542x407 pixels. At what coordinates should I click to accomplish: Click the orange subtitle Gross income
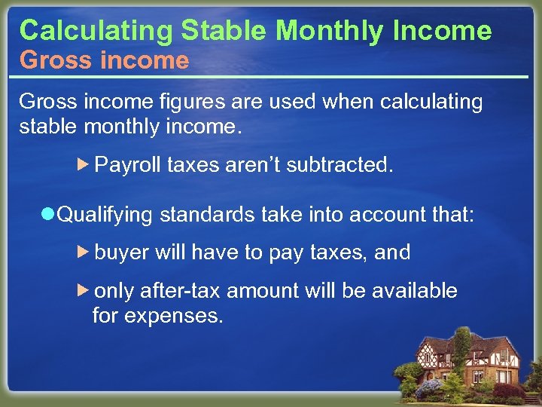pos(104,60)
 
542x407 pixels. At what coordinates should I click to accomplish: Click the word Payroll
pos(128,165)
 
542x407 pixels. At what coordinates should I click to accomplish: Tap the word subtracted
pos(346,165)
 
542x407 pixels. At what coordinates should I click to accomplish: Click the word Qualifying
pos(105,216)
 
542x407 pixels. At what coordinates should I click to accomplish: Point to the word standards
pos(208,216)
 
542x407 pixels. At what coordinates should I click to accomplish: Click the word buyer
pos(122,252)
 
